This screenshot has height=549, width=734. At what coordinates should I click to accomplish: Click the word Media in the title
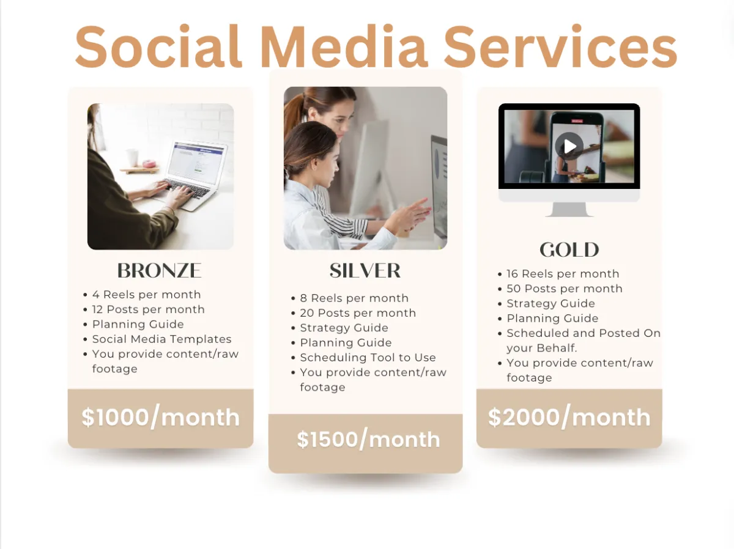click(x=344, y=46)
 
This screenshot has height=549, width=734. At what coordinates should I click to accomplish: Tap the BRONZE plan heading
click(x=160, y=270)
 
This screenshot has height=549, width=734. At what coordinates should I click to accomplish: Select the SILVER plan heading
click(x=365, y=270)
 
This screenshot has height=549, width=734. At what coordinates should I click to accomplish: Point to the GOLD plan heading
click(x=569, y=249)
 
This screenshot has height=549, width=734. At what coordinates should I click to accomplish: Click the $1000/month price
click(x=160, y=417)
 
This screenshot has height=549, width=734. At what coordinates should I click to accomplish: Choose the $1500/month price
click(x=368, y=439)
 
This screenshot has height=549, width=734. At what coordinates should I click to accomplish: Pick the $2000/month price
click(x=569, y=417)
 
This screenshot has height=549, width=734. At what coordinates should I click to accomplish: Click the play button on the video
click(x=569, y=146)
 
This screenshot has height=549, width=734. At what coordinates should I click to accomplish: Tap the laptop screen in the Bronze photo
click(x=196, y=163)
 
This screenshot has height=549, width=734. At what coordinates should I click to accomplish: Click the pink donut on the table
click(x=148, y=164)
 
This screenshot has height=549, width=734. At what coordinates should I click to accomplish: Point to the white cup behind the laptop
click(x=132, y=157)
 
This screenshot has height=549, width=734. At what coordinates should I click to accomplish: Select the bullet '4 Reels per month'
click(x=146, y=295)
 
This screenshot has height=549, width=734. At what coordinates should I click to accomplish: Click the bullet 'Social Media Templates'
click(x=162, y=339)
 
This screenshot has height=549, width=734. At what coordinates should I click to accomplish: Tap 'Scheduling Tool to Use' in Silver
click(x=368, y=357)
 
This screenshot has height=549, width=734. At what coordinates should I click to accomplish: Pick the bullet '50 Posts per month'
click(x=565, y=289)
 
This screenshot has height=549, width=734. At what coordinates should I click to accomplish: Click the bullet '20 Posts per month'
click(x=358, y=313)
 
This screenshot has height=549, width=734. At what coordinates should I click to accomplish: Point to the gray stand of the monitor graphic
click(x=569, y=210)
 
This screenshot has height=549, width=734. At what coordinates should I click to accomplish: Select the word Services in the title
click(x=560, y=46)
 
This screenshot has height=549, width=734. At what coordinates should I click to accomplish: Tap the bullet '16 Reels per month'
click(x=563, y=274)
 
